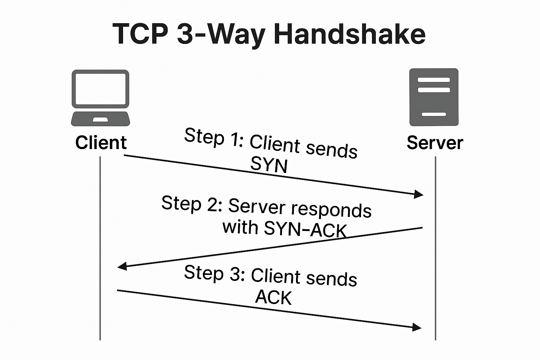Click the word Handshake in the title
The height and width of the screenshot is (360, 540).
pos(349,34)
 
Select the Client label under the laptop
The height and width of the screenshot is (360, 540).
pos(101,143)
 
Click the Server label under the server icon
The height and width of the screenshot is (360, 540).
pos(435,143)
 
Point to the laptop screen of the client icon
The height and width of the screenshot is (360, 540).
pos(101,89)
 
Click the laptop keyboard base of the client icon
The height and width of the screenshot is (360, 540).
pos(101,119)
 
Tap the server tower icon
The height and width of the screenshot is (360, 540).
pos(434,97)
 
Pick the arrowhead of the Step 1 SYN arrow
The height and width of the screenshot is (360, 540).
pos(419,194)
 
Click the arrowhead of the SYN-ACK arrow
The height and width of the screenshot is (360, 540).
pos(122,266)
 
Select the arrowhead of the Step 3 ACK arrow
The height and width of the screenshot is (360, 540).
pos(417,327)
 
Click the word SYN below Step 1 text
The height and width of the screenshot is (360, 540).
pos(269,164)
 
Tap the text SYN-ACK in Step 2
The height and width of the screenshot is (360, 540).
pos(305,229)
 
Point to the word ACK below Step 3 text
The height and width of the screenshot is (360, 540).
pos(274,297)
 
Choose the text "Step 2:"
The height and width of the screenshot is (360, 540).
pos(192,204)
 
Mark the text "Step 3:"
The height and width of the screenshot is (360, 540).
pos(214,273)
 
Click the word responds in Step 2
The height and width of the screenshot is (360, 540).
pos(331,210)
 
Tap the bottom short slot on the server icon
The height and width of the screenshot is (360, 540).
pos(434,114)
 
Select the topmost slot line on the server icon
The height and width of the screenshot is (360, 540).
pos(434,80)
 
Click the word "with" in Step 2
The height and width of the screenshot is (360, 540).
pos(240,227)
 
